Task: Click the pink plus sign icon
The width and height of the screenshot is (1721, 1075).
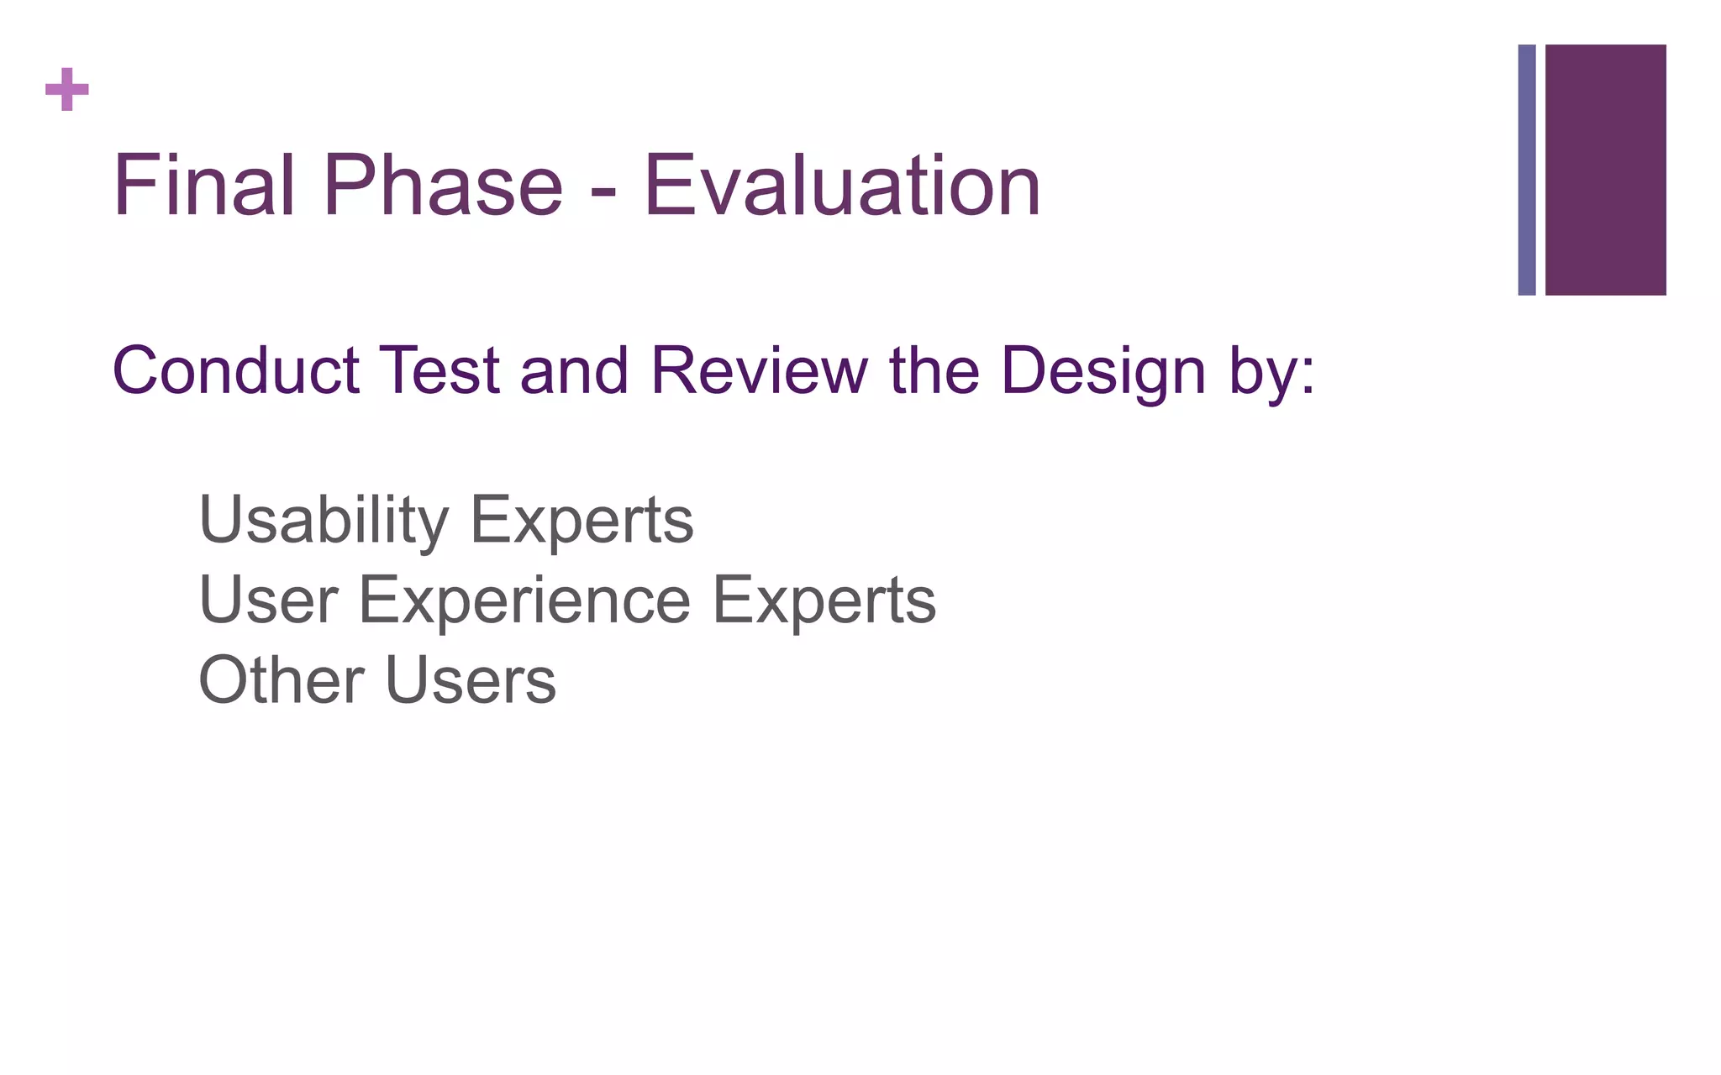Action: tap(66, 89)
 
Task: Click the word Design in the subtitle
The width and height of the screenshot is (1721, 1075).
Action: tap(1104, 371)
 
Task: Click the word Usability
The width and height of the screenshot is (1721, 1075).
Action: tap(324, 521)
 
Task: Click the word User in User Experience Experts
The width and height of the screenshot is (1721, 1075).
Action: tap(268, 600)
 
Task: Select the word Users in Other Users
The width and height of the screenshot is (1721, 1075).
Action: tap(471, 679)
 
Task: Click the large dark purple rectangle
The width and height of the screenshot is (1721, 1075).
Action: tap(1605, 170)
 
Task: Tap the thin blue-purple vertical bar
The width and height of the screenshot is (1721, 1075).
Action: tap(1527, 170)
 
